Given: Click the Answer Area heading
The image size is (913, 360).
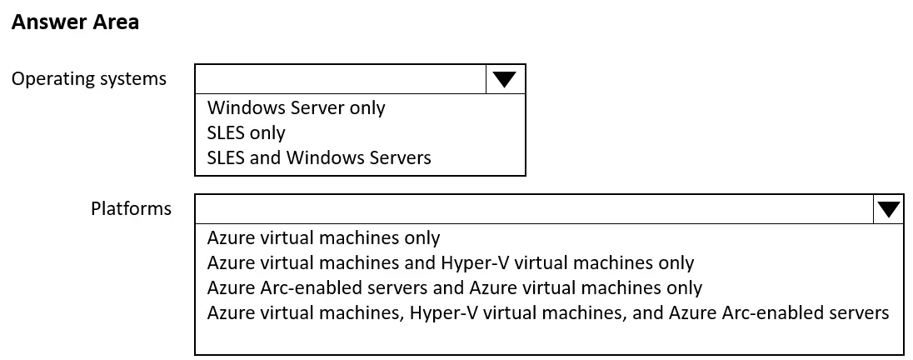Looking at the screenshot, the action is tap(75, 22).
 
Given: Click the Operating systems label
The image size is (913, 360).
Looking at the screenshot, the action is tap(89, 78).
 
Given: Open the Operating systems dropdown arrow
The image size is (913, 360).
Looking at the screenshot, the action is tap(505, 79).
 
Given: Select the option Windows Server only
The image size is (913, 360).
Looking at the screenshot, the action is tap(296, 107).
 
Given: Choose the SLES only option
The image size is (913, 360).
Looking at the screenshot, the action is tap(246, 133).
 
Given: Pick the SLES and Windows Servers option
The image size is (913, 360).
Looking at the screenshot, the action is tap(319, 157).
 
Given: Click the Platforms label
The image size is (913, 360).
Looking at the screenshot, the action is tap(131, 208).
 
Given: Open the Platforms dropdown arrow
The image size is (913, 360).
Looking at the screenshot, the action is tap(889, 209).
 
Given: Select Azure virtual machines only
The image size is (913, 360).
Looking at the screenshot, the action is tap(323, 237).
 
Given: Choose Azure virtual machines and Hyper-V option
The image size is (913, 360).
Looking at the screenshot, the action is tap(450, 262).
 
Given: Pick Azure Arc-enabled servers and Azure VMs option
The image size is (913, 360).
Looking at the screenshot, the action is tap(454, 287).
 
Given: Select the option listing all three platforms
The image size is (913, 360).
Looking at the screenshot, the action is tap(548, 312).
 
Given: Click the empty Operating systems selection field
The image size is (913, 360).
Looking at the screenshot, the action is tap(341, 79).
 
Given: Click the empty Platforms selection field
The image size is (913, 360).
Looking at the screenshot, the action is tap(535, 209).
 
